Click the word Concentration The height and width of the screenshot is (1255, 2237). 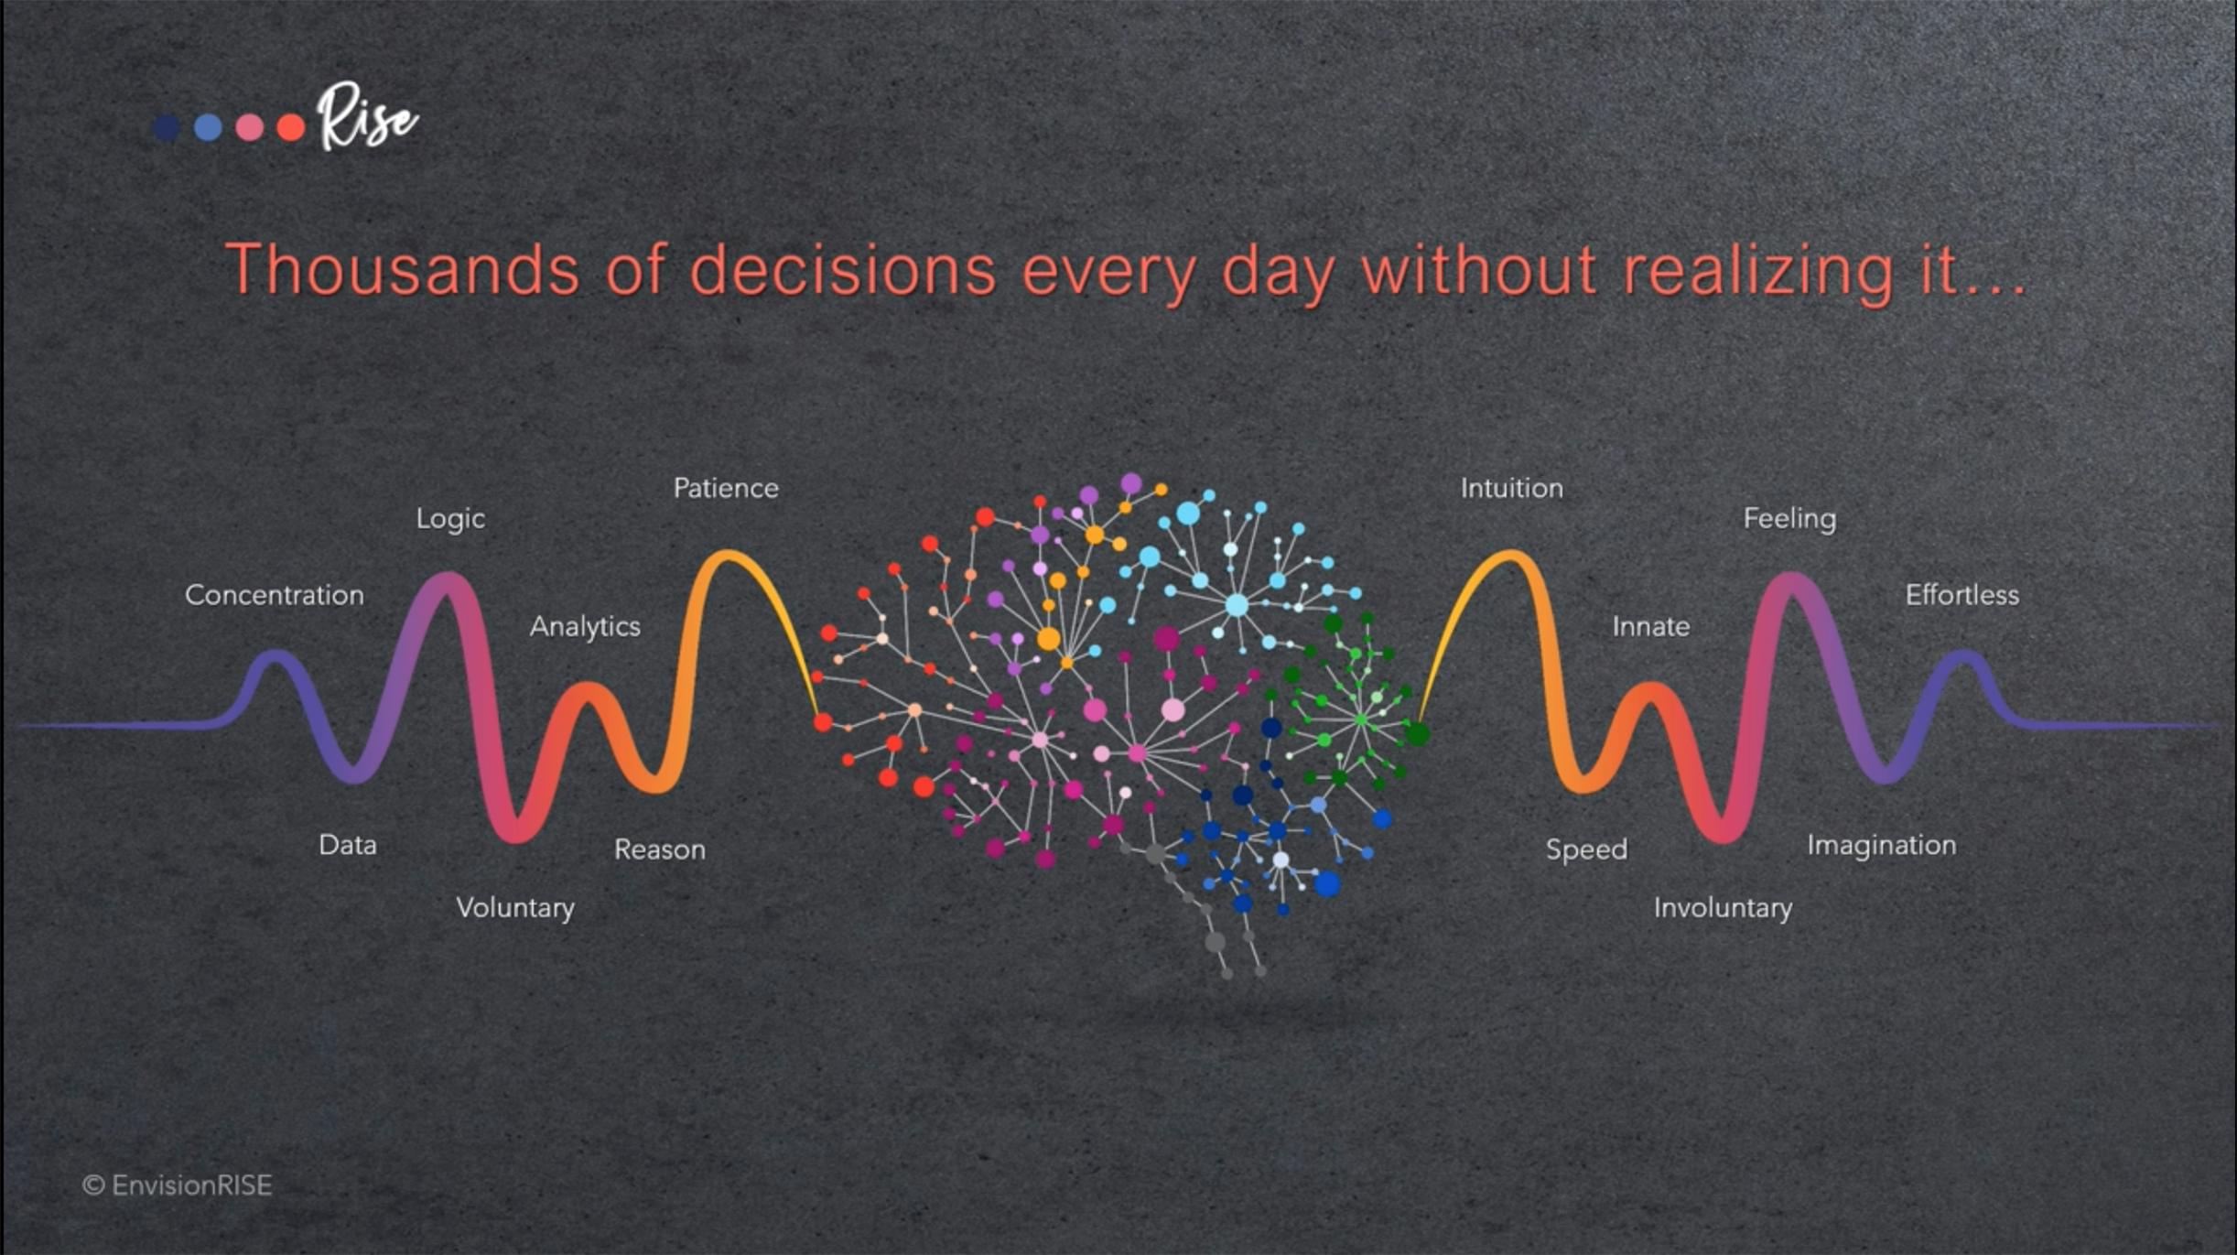tap(275, 595)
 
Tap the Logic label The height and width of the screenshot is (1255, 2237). tap(450, 519)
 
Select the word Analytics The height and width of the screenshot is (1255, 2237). tap(585, 627)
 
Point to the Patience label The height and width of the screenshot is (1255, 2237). tap(726, 488)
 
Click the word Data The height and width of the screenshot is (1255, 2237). tap(348, 845)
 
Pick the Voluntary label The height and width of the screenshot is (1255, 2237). tap(515, 908)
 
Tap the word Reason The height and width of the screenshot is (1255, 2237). tap(660, 849)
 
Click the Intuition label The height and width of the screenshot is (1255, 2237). tap(1512, 488)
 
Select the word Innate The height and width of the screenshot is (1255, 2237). tap(1651, 626)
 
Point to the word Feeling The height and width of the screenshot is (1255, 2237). tap(1789, 519)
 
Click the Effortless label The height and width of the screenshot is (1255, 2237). tap(1962, 595)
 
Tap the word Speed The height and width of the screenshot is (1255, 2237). tap(1587, 850)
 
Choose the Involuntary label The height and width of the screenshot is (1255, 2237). tap(1723, 908)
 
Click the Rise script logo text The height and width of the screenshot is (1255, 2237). tap(366, 117)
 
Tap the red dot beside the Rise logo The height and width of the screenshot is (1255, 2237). tap(291, 127)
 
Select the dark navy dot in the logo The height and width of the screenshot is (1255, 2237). tap(166, 127)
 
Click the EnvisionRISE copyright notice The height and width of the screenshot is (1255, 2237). tap(178, 1185)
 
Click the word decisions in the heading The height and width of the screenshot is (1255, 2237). tap(842, 270)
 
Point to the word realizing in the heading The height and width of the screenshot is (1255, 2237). tap(1757, 272)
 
